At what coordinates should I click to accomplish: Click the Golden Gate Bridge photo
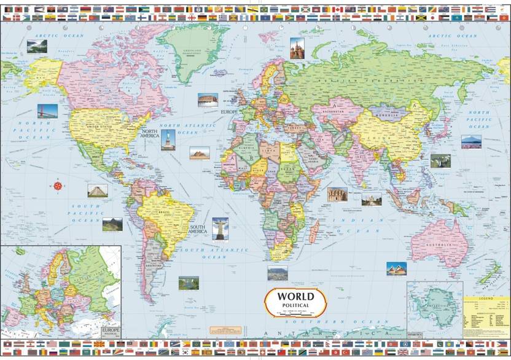47,111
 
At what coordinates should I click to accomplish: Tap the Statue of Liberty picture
168,139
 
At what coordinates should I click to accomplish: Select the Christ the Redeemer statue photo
220,228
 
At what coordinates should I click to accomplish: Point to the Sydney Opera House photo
396,268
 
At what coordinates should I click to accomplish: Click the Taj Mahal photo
371,199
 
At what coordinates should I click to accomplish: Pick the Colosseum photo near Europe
208,101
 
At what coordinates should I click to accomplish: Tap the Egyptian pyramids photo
199,153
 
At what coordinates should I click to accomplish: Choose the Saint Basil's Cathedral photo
297,48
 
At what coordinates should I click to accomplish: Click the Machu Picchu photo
112,224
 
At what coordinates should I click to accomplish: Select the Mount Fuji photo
472,141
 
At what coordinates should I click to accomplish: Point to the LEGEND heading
486,298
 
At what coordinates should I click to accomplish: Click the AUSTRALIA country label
439,245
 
